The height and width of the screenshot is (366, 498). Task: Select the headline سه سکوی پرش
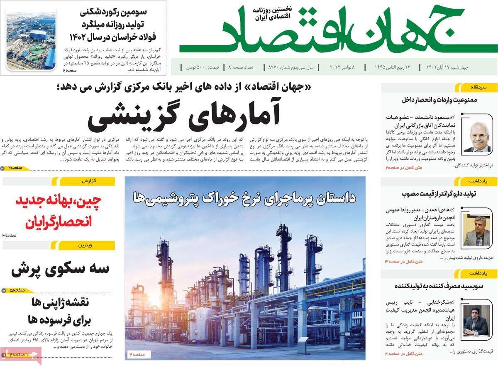pos(60,269)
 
